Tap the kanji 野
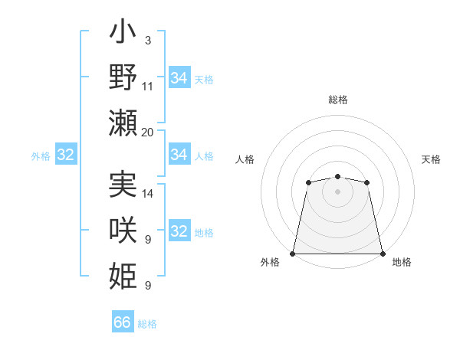pos(123,79)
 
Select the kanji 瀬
pos(123,122)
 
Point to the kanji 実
pos(123,186)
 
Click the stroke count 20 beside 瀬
pos(148,133)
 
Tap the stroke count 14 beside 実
pos(148,194)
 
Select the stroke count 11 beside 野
pos(148,87)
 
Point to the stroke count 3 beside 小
pos(148,41)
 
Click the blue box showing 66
pos(123,322)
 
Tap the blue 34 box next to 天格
pos(179,78)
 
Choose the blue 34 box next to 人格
pos(179,155)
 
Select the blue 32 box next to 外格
pos(65,155)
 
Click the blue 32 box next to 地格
pos(179,232)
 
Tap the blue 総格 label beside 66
pos(147,324)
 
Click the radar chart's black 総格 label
pos(337,100)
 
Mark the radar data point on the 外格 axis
pos(293,254)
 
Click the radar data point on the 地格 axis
pos(382,254)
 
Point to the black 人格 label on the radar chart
pos(245,159)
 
